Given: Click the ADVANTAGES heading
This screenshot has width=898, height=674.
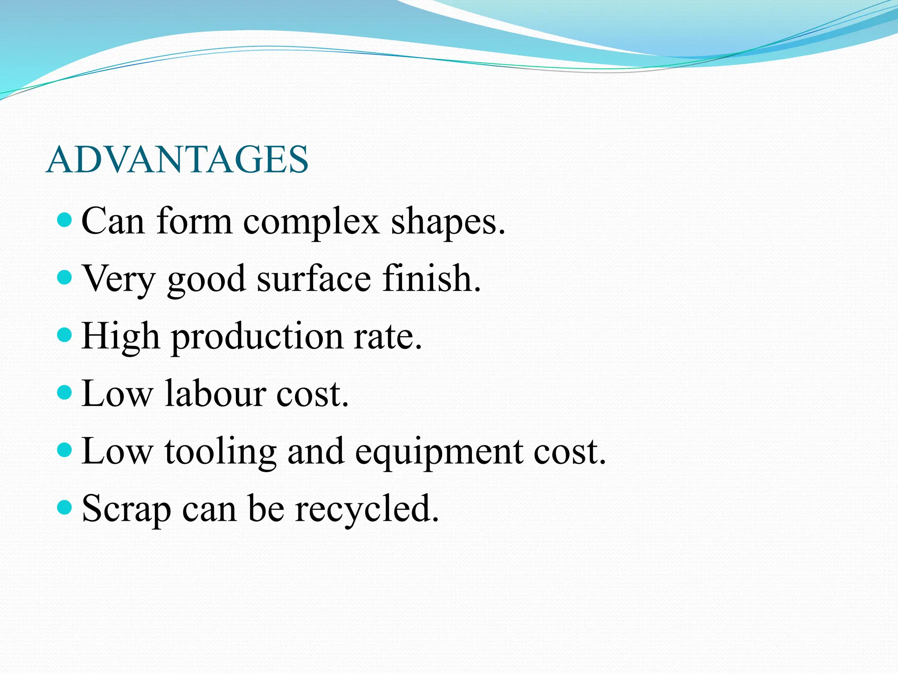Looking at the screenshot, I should [x=177, y=160].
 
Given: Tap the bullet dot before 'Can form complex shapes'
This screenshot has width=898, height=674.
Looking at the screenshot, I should [x=64, y=220].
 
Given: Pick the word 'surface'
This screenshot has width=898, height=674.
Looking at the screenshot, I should [x=314, y=279].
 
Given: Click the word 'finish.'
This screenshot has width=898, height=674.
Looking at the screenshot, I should [x=431, y=278].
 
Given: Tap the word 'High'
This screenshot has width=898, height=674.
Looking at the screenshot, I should [x=121, y=337].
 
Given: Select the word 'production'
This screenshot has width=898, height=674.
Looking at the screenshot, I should [x=257, y=337].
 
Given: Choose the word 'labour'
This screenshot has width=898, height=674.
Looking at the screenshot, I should [x=215, y=394].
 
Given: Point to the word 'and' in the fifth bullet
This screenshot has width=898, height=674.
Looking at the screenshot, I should [x=315, y=451].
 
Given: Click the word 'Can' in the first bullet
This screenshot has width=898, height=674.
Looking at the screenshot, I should [x=113, y=222].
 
